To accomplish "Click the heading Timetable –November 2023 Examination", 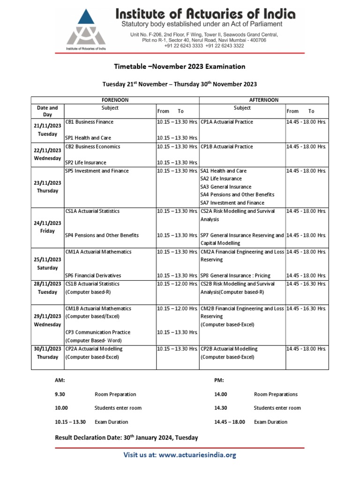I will click(x=180, y=67).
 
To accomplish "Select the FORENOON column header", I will click(x=115, y=100).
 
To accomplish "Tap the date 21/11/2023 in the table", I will click(x=47, y=126).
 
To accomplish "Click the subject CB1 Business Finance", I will click(x=89, y=122).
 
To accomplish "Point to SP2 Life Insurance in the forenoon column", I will click(x=86, y=162).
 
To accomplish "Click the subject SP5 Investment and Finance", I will click(x=97, y=171).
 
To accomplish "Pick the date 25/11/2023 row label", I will click(x=47, y=260).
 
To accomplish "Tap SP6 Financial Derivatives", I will click(x=93, y=276).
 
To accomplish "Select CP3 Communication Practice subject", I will click(x=98, y=332).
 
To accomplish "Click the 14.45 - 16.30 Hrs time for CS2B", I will click(x=306, y=284).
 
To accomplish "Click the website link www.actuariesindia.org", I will click(x=197, y=455).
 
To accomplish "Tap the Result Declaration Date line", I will click(x=127, y=437).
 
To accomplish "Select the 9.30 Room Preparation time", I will click(x=61, y=394).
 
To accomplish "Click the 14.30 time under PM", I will click(x=220, y=408).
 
